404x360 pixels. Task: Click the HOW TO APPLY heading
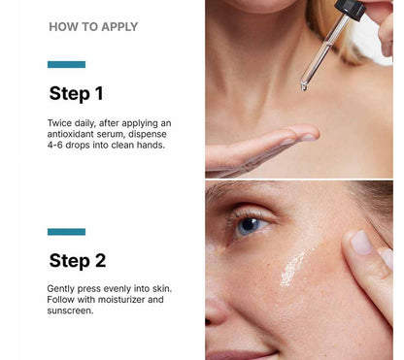tap(93, 27)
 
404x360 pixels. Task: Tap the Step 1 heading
tap(76, 94)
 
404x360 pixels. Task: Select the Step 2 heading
tap(77, 260)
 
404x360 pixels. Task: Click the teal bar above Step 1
tap(66, 65)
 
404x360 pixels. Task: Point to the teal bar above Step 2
tap(66, 232)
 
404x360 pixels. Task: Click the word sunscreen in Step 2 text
tap(71, 311)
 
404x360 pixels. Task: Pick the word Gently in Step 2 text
tap(63, 289)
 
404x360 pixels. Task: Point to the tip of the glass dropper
tap(304, 86)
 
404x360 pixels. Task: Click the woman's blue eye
tap(250, 225)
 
